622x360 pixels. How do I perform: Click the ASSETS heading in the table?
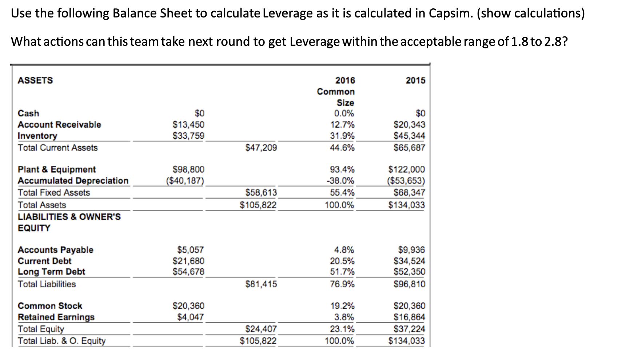(35, 80)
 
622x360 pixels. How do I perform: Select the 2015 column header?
(415, 80)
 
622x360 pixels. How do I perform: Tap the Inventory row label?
(37, 136)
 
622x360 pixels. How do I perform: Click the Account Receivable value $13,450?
(188, 124)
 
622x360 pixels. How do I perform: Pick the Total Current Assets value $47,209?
(261, 148)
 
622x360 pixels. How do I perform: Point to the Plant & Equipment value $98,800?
(188, 169)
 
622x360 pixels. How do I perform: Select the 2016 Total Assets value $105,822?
(258, 205)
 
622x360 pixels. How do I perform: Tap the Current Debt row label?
(45, 261)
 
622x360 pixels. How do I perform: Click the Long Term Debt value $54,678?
(188, 272)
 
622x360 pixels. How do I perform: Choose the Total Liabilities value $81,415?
(261, 284)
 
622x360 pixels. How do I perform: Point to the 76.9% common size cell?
(342, 284)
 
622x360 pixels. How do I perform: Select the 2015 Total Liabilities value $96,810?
(409, 284)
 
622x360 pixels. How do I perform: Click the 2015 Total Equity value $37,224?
(409, 329)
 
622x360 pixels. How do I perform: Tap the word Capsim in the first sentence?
(450, 13)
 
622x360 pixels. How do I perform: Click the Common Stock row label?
(50, 306)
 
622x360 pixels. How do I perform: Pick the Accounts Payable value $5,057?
(190, 250)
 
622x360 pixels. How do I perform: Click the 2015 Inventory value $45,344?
(409, 136)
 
